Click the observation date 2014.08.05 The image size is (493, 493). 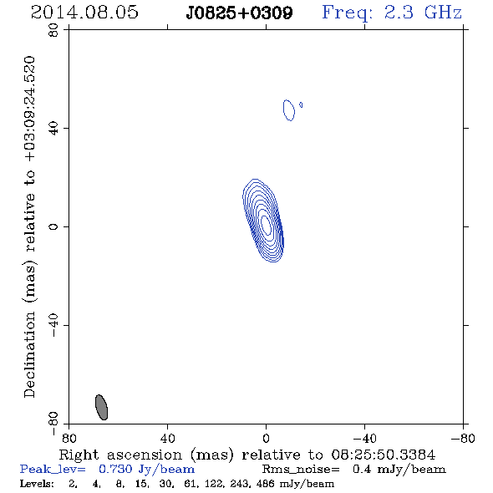pyautogui.click(x=84, y=13)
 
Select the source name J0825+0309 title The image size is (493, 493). pyautogui.click(x=239, y=13)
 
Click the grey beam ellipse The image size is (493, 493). pyautogui.click(x=102, y=407)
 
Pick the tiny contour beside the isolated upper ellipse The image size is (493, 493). pyautogui.click(x=301, y=104)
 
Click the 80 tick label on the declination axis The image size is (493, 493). pyautogui.click(x=53, y=30)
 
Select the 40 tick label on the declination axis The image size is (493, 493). pyautogui.click(x=53, y=129)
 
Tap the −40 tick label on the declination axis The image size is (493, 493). pyautogui.click(x=53, y=325)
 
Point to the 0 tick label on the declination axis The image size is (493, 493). pyautogui.click(x=53, y=226)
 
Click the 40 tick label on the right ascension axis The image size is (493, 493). pyautogui.click(x=167, y=439)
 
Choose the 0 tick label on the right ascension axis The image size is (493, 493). pyautogui.click(x=266, y=439)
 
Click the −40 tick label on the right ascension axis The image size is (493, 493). pyautogui.click(x=364, y=439)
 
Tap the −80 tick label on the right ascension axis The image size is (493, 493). pyautogui.click(x=463, y=439)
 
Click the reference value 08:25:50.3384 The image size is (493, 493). pyautogui.click(x=384, y=455)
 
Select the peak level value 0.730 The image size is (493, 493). pyautogui.click(x=115, y=469)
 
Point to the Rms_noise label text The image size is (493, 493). pyautogui.click(x=301, y=470)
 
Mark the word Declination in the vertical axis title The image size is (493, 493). pyautogui.click(x=29, y=354)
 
